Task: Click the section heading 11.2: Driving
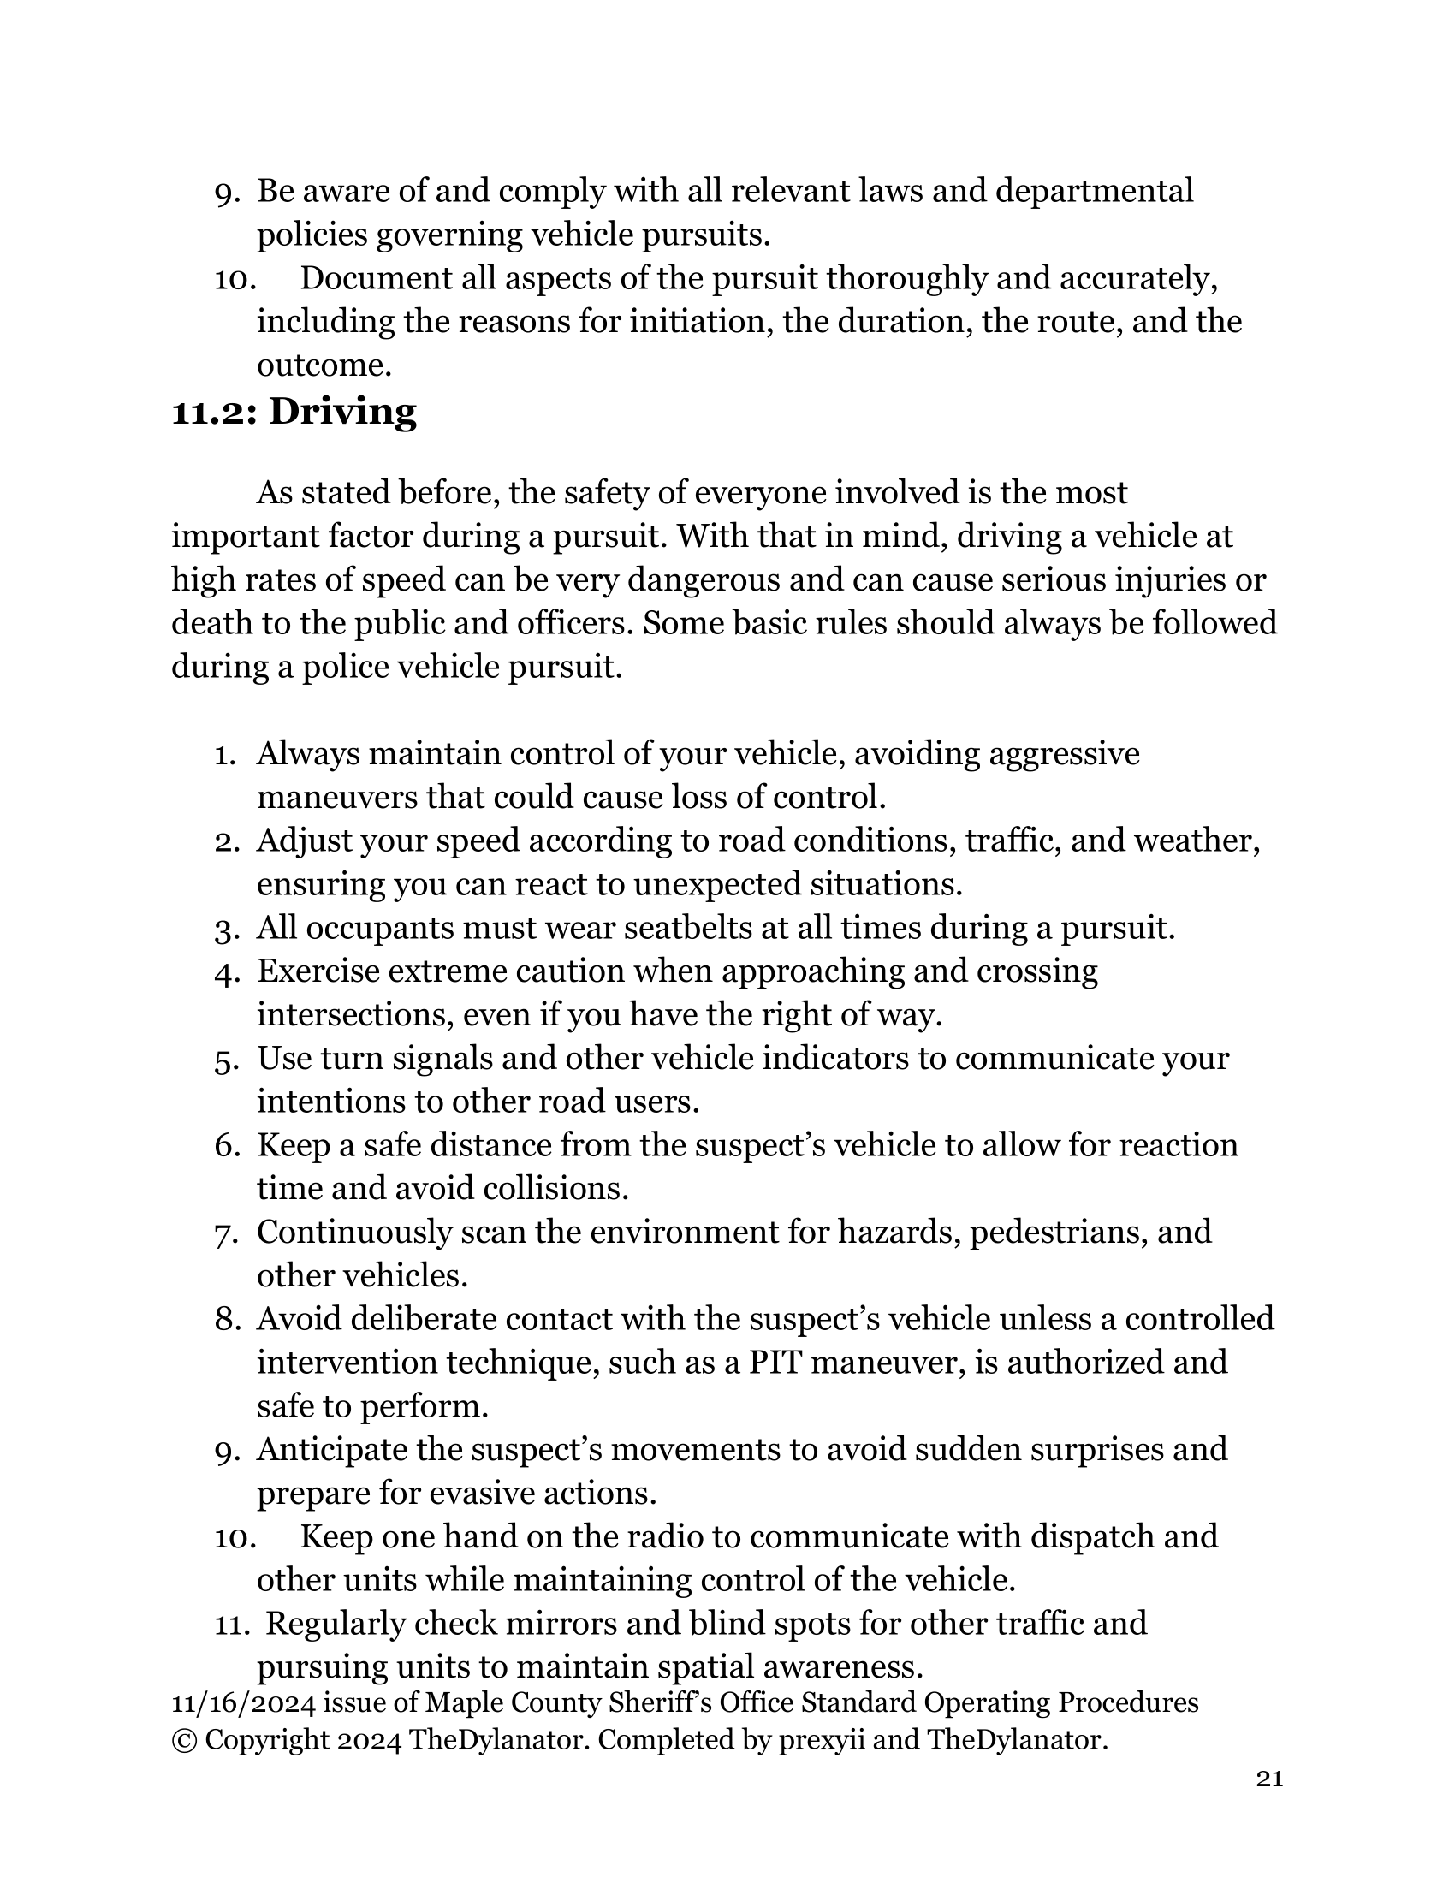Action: (294, 413)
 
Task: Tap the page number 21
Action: (1269, 1779)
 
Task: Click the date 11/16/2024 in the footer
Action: (243, 1702)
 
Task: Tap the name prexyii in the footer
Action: (822, 1741)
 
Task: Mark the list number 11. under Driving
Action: (232, 1625)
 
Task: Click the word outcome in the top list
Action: (324, 365)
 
